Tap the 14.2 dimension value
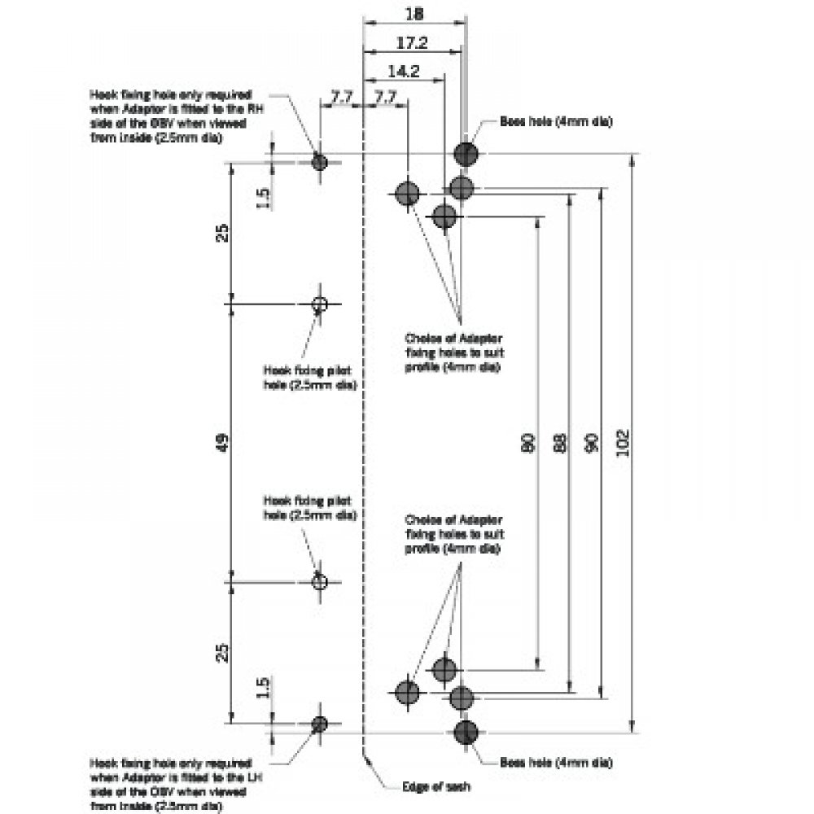click(404, 71)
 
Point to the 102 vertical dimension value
click(624, 442)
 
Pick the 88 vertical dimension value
click(559, 442)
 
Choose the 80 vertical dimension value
click(527, 442)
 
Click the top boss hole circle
click(466, 153)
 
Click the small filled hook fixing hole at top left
click(320, 161)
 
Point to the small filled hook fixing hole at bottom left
click(320, 723)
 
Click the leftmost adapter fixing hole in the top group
click(407, 194)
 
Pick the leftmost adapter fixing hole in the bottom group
click(407, 691)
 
